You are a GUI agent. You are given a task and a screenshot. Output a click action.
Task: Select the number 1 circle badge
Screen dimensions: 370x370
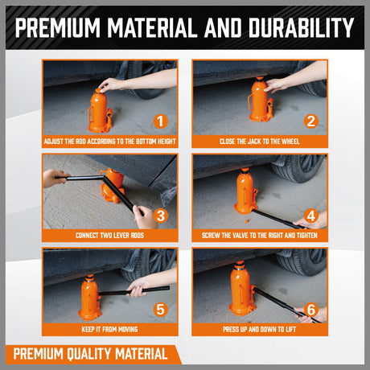[x=160, y=122]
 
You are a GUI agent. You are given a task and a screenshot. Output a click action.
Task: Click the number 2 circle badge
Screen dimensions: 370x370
[x=310, y=122]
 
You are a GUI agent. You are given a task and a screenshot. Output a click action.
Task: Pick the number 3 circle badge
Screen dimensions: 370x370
[x=160, y=216]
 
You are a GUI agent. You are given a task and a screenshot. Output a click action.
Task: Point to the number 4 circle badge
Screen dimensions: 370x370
[x=310, y=216]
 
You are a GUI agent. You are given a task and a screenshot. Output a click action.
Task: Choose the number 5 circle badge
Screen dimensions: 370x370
[x=160, y=308]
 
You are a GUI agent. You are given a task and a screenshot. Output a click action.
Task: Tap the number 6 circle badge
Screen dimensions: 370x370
[x=310, y=308]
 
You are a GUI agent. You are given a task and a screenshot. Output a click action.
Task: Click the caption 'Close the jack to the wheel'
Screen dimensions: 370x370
[x=260, y=142]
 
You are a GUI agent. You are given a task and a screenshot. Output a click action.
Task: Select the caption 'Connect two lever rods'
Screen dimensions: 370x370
[x=109, y=236]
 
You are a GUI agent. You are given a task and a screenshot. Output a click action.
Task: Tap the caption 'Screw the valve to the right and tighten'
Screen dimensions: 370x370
[x=260, y=236]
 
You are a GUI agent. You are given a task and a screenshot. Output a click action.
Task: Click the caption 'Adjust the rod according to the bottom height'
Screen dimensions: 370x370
[x=109, y=142]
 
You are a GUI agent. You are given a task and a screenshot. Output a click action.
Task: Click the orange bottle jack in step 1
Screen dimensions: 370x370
[x=100, y=113]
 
